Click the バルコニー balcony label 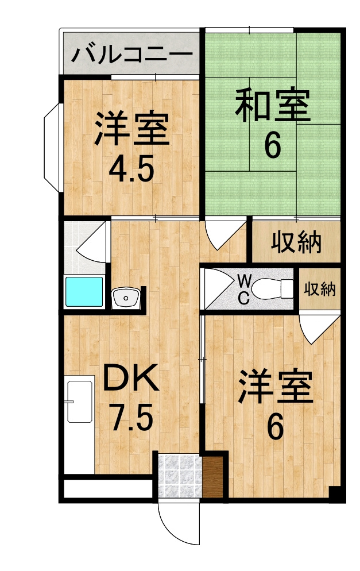[131, 54]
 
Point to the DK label [130, 377]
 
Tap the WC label [243, 290]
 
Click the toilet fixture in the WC [272, 289]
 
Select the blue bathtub [84, 292]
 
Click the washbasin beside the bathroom [126, 298]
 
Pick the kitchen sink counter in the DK [79, 425]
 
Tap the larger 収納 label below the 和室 [296, 242]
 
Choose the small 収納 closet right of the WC [320, 289]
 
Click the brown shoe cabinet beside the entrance [212, 477]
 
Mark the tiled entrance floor [180, 476]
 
